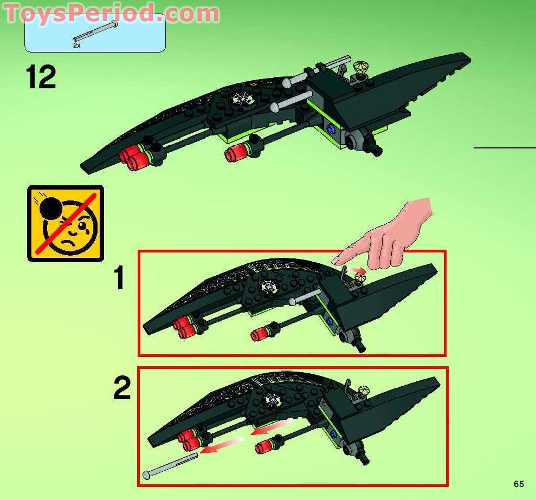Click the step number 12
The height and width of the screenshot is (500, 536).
click(40, 77)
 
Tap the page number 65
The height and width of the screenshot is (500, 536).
click(519, 484)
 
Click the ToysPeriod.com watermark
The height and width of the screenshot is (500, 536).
click(112, 13)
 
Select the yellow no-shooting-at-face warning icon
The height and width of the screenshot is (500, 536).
click(65, 223)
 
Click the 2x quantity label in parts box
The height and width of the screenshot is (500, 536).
click(77, 46)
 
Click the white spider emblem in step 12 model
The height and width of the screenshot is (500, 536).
click(240, 99)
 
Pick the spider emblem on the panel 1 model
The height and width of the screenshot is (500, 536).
click(267, 285)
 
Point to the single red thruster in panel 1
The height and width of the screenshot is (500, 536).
click(259, 335)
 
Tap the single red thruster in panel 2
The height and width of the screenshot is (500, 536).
click(264, 446)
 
